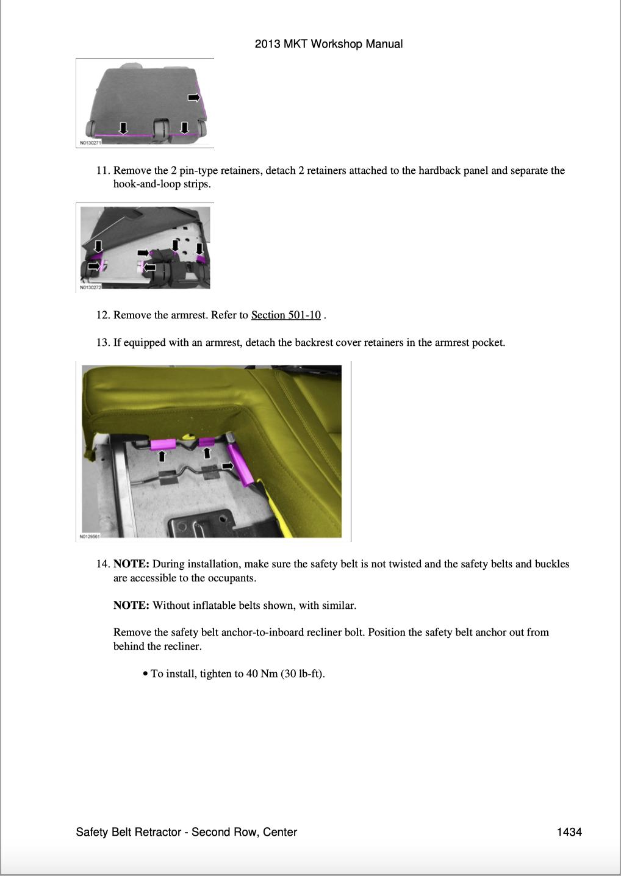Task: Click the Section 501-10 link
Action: coord(285,315)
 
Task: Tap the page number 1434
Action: coord(569,832)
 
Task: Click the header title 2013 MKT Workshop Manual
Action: coord(328,44)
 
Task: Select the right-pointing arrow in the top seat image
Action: coord(194,98)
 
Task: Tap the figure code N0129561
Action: coord(89,537)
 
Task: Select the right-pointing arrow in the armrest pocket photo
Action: coord(228,466)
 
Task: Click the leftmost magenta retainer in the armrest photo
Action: coord(163,445)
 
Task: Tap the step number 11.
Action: coord(102,171)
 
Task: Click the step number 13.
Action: coord(102,343)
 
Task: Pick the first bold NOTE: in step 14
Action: coord(131,564)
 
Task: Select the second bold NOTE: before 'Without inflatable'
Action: coord(131,606)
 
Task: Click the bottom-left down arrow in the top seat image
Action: coord(123,127)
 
